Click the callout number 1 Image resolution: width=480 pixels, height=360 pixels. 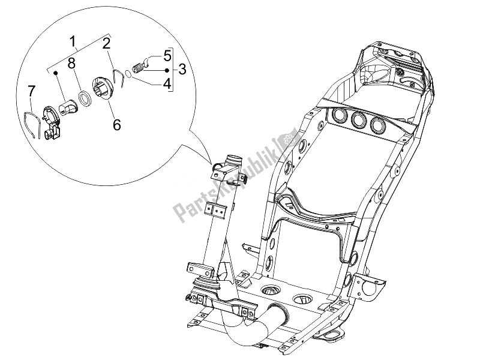click(x=73, y=42)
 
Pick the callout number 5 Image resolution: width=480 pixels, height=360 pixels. click(x=166, y=55)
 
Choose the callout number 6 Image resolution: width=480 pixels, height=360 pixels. click(x=116, y=124)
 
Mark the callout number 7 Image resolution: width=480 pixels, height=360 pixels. click(x=32, y=91)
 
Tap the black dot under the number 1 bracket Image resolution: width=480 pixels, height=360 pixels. click(x=55, y=72)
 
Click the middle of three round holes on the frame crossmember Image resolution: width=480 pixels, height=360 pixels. click(x=361, y=121)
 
